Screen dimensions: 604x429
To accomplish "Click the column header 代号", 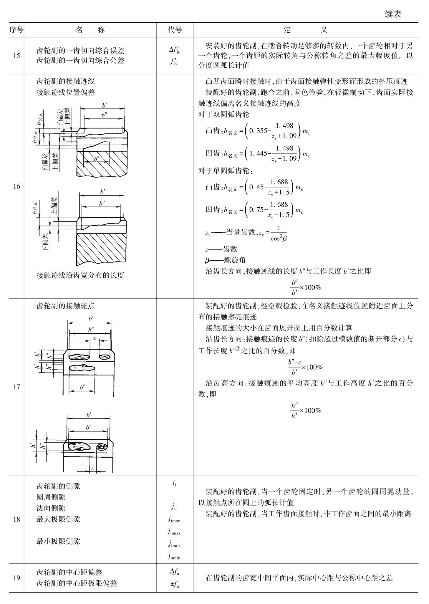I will (x=175, y=30).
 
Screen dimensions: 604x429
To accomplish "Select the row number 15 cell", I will (x=16, y=56).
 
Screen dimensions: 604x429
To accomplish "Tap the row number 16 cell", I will (x=16, y=186).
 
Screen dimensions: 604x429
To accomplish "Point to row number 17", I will (x=16, y=387).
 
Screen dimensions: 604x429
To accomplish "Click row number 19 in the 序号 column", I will (x=16, y=578).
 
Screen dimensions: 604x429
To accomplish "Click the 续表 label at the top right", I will (x=393, y=14).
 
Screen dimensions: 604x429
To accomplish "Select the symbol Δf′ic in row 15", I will (x=175, y=50).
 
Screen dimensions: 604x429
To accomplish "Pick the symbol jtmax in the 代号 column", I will (x=174, y=519).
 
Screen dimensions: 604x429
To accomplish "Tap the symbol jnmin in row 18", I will (x=174, y=556).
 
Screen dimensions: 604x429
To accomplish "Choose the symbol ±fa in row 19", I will (x=175, y=584).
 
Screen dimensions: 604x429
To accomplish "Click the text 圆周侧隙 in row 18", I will (x=51, y=497).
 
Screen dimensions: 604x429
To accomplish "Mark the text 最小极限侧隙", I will (x=58, y=541).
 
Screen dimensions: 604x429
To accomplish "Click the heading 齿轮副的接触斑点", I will (x=65, y=306).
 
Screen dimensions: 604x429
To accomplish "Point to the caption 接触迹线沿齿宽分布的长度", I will (x=80, y=275).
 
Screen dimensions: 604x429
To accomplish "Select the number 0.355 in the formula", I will (x=258, y=131).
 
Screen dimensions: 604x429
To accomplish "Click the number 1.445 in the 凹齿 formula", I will (x=258, y=153).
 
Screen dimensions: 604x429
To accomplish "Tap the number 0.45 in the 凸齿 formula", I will (x=256, y=187).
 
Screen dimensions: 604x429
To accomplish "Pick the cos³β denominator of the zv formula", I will (x=278, y=239).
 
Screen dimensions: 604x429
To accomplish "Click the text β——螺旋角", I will (x=225, y=260).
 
